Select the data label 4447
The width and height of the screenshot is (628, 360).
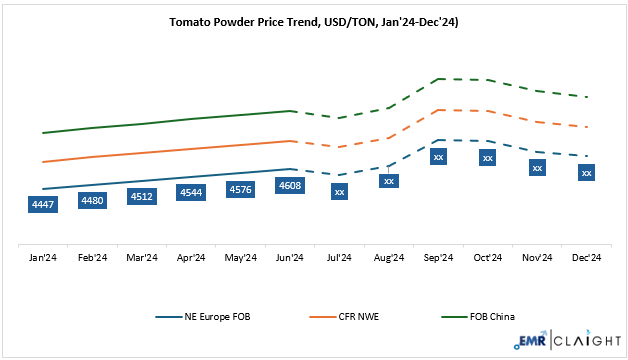tap(43, 205)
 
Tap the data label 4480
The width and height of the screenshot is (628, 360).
tap(92, 200)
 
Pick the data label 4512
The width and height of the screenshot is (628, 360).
tap(142, 196)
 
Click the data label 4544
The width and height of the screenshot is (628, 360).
tap(191, 191)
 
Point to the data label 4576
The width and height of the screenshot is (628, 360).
tap(240, 188)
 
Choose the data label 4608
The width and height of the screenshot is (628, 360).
tap(290, 185)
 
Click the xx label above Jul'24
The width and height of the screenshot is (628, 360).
tap(340, 191)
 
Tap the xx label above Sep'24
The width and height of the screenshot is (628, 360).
tap(438, 156)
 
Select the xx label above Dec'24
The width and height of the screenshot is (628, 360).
tap(587, 173)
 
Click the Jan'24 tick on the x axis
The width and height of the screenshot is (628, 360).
tap(43, 258)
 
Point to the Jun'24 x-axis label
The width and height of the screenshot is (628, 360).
tap(290, 258)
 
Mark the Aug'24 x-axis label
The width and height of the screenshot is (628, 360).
tap(389, 258)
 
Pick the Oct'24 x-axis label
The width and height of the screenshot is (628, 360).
tap(488, 258)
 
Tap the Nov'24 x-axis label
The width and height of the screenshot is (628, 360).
tap(537, 258)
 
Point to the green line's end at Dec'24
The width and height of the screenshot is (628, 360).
tap(587, 97)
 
